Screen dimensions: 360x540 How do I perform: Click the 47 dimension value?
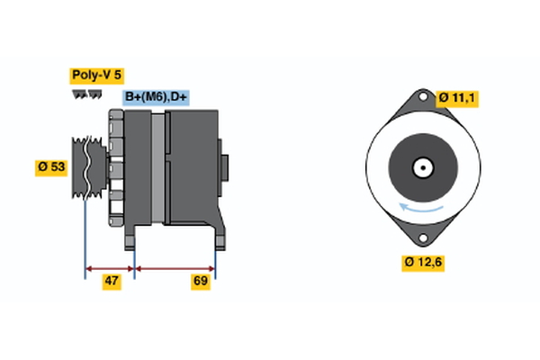112,282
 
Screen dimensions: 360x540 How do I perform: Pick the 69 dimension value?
202,282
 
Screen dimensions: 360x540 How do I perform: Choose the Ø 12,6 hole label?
423,262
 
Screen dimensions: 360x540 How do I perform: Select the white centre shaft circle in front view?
421,167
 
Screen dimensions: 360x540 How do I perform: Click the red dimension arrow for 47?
110,268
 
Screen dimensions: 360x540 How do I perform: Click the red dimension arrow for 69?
175,268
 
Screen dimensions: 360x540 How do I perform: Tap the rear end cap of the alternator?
224,167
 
